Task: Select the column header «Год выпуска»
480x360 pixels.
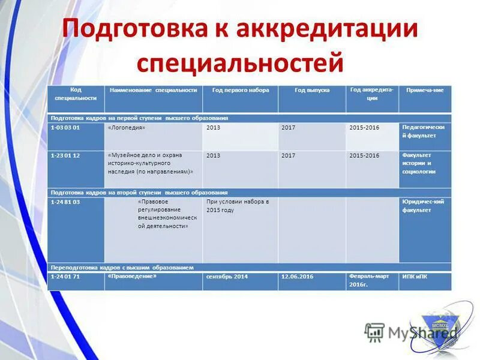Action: pyautogui.click(x=312, y=90)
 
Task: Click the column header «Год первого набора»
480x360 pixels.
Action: pyautogui.click(x=240, y=90)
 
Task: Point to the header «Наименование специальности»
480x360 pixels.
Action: pyautogui.click(x=153, y=90)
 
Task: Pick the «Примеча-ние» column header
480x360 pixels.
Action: pyautogui.click(x=425, y=90)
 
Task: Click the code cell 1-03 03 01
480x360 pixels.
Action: pyautogui.click(x=65, y=128)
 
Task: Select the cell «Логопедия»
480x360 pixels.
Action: pyautogui.click(x=127, y=128)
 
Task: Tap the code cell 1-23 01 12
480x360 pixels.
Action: pyautogui.click(x=65, y=155)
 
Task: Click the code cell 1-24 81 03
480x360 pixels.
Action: pyautogui.click(x=65, y=202)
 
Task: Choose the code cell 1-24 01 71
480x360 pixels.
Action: pyautogui.click(x=65, y=277)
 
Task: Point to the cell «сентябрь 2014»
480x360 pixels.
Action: pyautogui.click(x=227, y=277)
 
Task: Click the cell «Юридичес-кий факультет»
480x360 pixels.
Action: pyautogui.click(x=423, y=206)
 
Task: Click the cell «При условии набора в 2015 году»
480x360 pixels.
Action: pyautogui.click(x=238, y=206)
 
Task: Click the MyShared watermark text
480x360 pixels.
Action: pyautogui.click(x=422, y=332)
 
